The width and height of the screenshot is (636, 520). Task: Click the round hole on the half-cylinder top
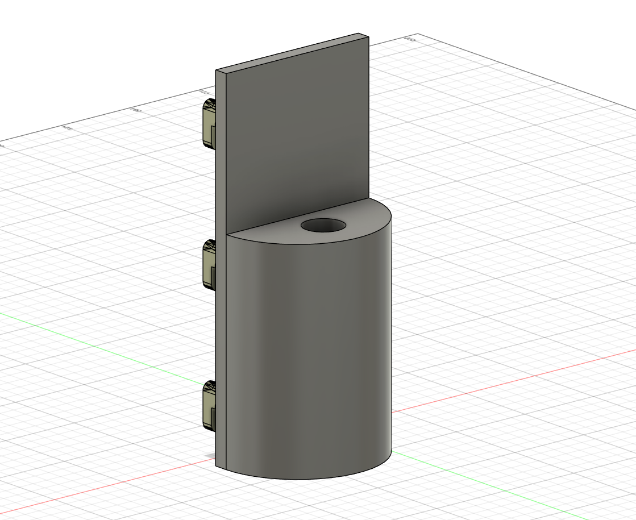(x=323, y=225)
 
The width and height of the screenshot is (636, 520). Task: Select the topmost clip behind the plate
(x=209, y=123)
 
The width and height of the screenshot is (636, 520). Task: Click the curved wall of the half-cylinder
(x=307, y=352)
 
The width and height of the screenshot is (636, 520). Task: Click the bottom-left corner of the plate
(x=217, y=465)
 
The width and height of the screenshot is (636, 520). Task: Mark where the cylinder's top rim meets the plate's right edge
(x=369, y=199)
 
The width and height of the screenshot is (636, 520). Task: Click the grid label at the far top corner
(x=408, y=39)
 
